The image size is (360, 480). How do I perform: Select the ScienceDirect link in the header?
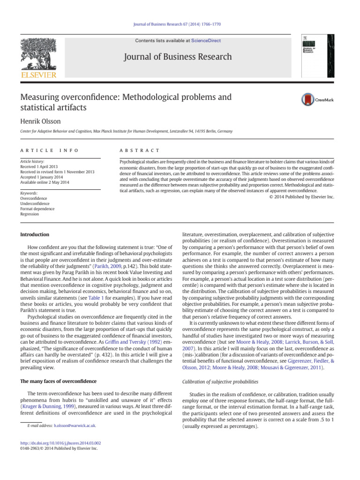tap(205, 41)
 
